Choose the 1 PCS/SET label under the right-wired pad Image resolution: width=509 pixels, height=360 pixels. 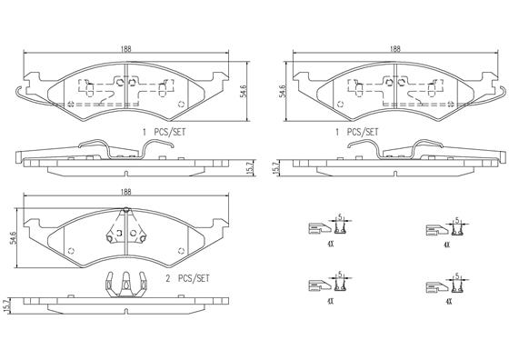(358, 131)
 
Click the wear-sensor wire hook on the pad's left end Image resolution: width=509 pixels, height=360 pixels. (22, 92)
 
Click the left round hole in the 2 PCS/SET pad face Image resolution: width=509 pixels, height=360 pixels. (73, 252)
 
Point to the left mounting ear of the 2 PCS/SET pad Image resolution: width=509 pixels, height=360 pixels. (35, 224)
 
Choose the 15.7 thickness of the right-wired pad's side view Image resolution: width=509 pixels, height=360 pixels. (277, 166)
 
